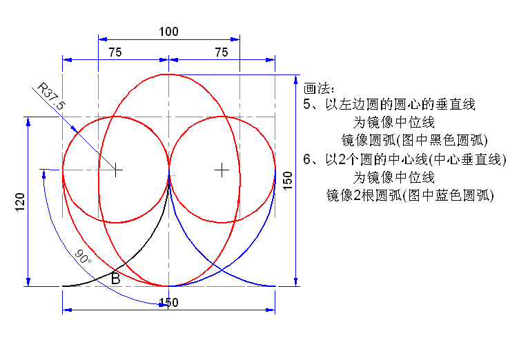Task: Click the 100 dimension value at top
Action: tap(168, 32)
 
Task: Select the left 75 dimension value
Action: tap(115, 52)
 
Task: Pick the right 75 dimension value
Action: tap(221, 52)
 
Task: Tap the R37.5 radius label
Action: tap(51, 97)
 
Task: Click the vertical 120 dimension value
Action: tap(20, 202)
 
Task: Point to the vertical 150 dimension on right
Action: tap(288, 181)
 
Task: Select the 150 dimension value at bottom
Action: tap(169, 303)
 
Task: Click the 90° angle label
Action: tap(83, 256)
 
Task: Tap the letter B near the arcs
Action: tap(115, 279)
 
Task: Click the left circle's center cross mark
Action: tap(115, 170)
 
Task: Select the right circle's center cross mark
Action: tap(222, 170)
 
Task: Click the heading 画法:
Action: tap(319, 88)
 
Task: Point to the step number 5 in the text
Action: tap(307, 104)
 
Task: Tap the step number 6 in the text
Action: tap(307, 159)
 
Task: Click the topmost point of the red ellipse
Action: tap(169, 74)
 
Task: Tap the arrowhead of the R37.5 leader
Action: tap(75, 130)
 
